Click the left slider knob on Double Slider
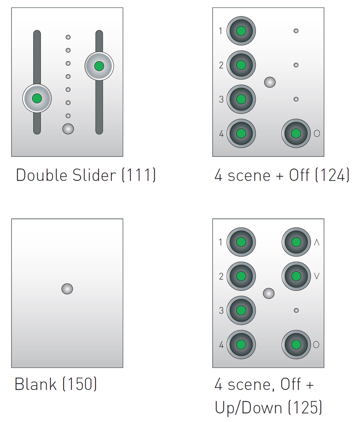pos(37,98)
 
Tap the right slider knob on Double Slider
pos(99,66)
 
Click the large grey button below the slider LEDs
pos(68,129)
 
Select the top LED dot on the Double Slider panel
pos(68,37)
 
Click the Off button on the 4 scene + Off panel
pos(296,133)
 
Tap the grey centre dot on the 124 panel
pos(270,82)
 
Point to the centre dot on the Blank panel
pos(67,289)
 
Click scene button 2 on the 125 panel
pos(241,276)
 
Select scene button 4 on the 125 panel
pos(241,344)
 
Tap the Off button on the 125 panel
pos(296,344)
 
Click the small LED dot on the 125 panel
pos(296,310)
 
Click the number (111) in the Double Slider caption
pos(139,175)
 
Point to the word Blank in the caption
pos(36,384)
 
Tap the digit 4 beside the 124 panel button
pos(221,134)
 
